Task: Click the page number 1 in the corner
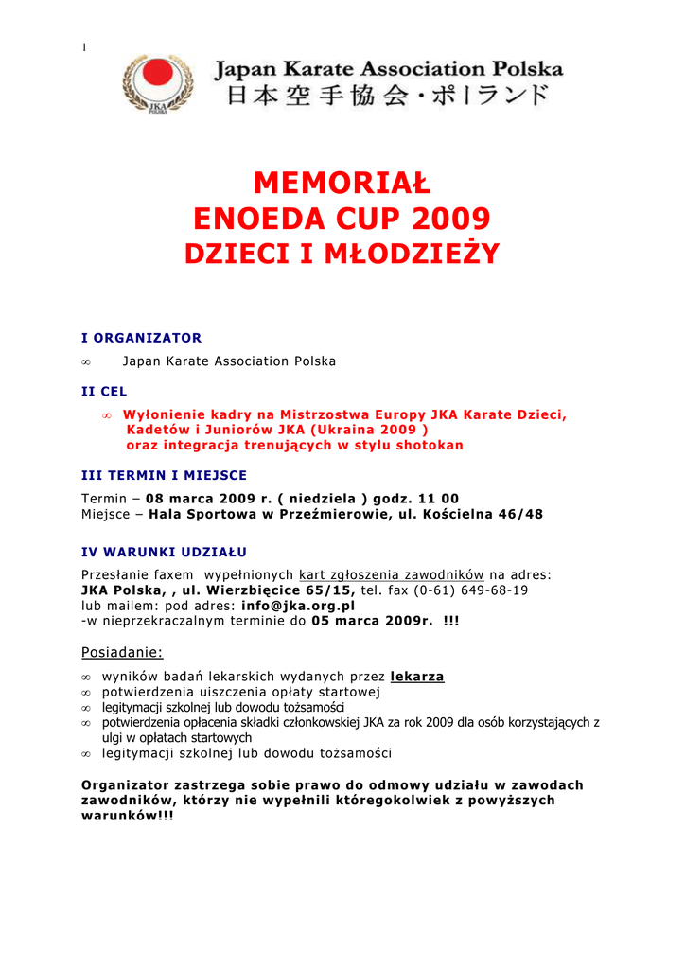click(x=84, y=47)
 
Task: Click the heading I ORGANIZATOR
click(x=142, y=337)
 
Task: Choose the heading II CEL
click(x=104, y=390)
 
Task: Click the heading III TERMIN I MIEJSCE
click(x=165, y=475)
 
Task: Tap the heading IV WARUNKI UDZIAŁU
click(x=165, y=551)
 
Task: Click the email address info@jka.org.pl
click(x=298, y=605)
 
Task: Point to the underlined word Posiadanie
click(x=122, y=652)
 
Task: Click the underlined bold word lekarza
click(x=417, y=677)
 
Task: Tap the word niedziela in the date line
click(x=326, y=499)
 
